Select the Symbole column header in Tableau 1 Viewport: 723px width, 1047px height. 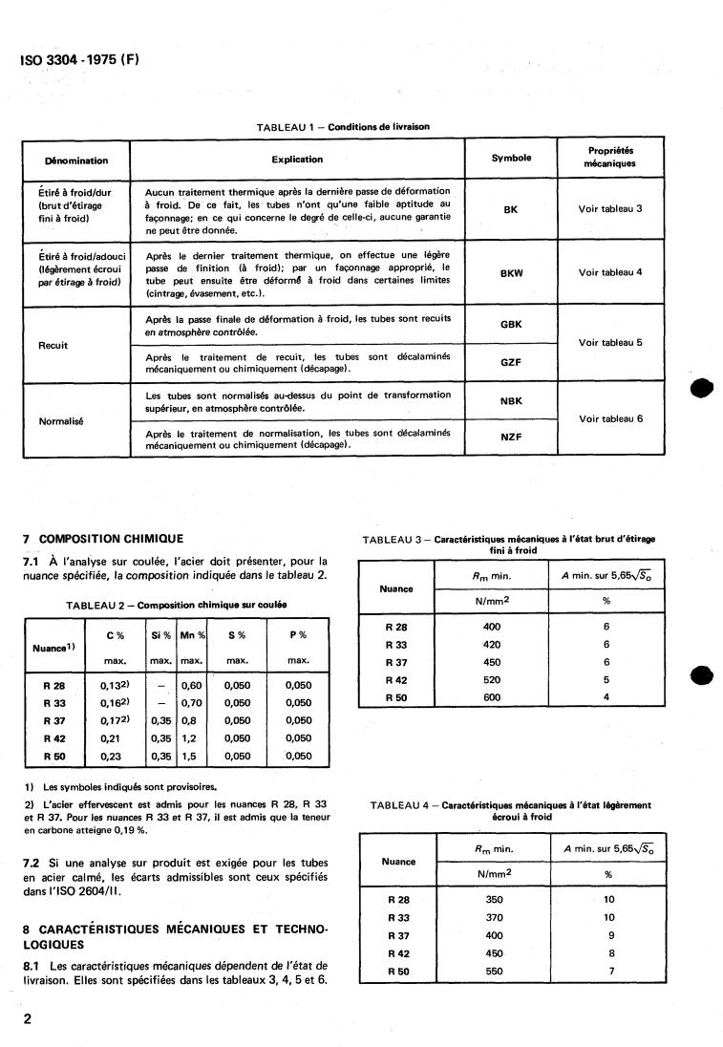click(511, 158)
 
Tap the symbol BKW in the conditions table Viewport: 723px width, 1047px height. click(511, 272)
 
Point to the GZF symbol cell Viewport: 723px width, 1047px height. click(511, 363)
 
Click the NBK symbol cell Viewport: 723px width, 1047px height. click(511, 402)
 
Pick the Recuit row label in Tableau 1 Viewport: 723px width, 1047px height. click(53, 345)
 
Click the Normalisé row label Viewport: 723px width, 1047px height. click(59, 420)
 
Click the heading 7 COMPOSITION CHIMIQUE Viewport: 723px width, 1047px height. click(102, 539)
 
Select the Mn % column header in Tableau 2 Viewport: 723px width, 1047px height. click(193, 634)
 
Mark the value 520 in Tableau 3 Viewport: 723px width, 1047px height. click(492, 680)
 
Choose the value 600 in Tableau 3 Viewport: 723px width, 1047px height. click(492, 697)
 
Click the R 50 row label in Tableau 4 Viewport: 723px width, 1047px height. click(398, 971)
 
